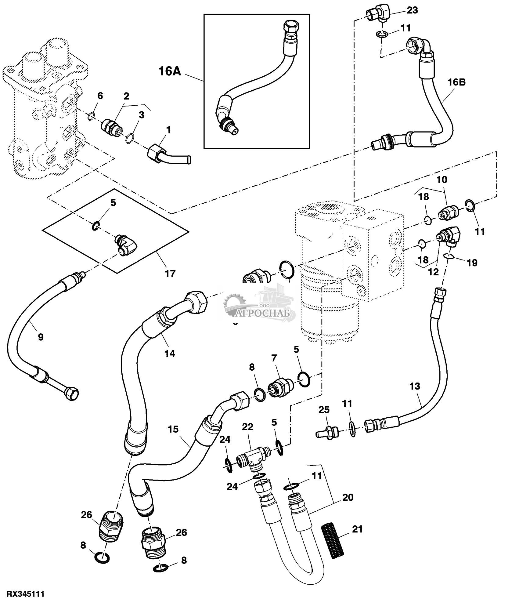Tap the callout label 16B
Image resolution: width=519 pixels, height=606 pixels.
[x=457, y=82]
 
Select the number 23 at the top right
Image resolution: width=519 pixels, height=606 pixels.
[x=412, y=10]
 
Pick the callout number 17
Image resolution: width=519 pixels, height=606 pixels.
[x=170, y=274]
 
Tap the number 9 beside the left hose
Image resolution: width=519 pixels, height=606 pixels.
[x=41, y=337]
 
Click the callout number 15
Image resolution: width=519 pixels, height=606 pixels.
[x=173, y=429]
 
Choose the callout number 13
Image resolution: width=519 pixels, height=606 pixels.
[x=415, y=386]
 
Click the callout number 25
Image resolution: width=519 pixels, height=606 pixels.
[x=324, y=409]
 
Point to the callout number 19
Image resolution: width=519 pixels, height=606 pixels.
[x=472, y=263]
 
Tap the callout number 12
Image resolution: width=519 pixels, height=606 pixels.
[x=434, y=271]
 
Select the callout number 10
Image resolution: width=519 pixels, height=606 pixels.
[x=442, y=180]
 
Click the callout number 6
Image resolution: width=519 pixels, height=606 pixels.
[x=100, y=96]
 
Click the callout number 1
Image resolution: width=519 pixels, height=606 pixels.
[x=168, y=130]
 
